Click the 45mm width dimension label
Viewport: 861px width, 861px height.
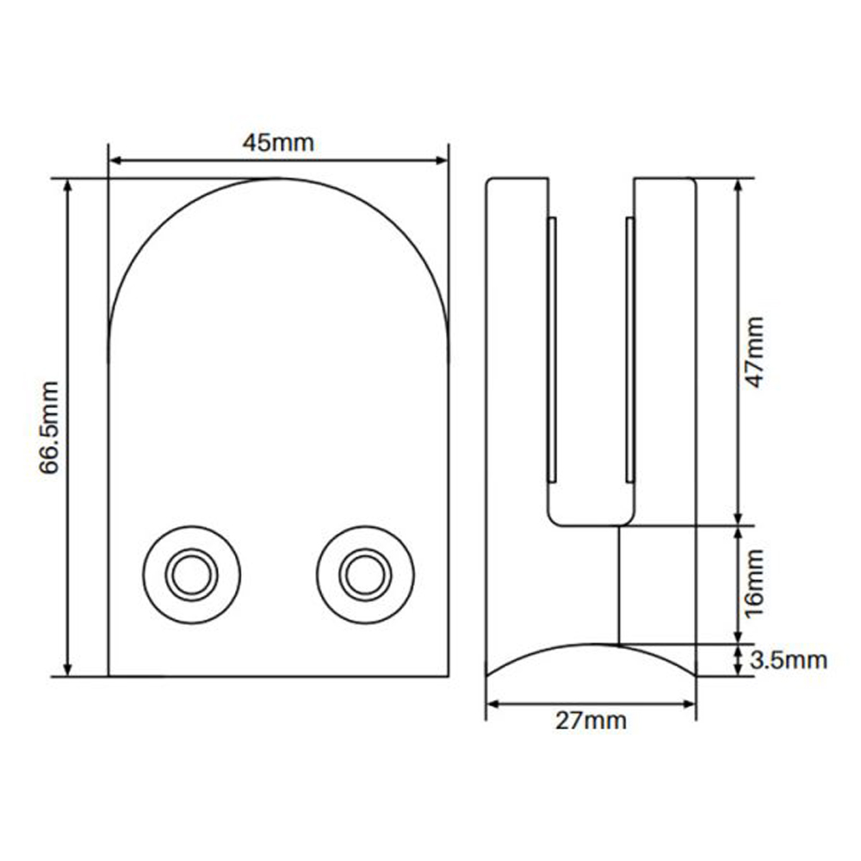278,143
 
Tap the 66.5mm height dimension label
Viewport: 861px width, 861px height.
49,427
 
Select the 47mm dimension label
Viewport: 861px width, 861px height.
754,352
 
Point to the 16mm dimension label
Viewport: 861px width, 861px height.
754,583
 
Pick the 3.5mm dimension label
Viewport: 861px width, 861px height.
788,660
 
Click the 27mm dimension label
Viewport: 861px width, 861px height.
591,721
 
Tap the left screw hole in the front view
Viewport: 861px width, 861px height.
192,575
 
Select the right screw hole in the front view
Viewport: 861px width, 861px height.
365,575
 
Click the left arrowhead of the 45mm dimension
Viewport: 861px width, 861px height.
116,160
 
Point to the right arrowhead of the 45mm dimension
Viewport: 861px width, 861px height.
442,160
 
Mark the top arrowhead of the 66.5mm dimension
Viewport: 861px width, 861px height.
67,186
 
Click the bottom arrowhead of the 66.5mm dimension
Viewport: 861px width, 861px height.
67,669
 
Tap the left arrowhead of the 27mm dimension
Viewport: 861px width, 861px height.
493,704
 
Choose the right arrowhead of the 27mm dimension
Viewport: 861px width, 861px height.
689,704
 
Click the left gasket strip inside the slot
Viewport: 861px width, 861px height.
552,350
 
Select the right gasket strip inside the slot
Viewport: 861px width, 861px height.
630,350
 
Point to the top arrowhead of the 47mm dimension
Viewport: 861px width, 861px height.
738,186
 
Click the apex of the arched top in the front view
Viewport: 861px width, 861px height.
278,178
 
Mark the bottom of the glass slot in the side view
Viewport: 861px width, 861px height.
592,525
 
